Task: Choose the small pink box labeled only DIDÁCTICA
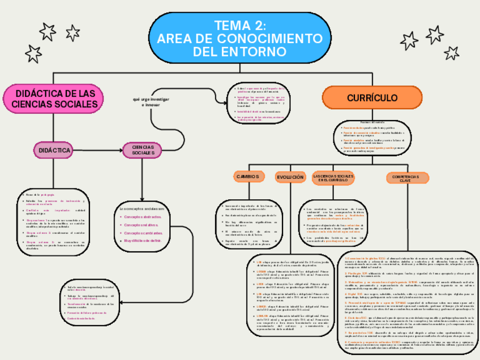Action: point(55,150)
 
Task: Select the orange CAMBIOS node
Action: point(248,177)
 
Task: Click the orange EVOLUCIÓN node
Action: point(290,177)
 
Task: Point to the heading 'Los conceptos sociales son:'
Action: point(142,209)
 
